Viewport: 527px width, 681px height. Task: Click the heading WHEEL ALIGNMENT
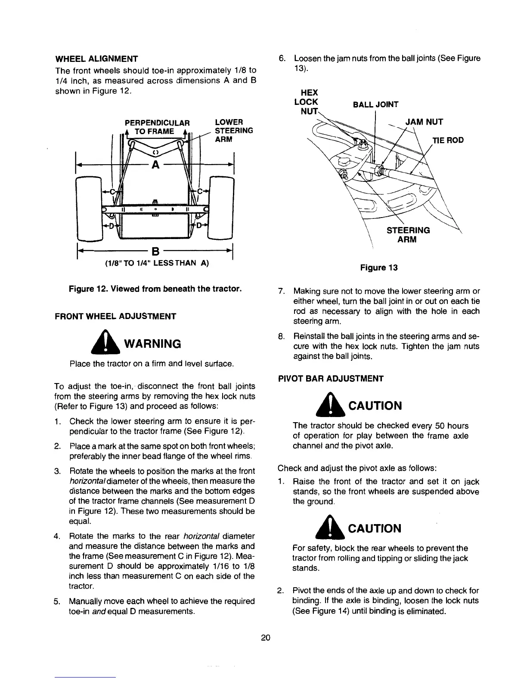pos(96,58)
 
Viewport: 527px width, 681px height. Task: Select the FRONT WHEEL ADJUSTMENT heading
pos(115,316)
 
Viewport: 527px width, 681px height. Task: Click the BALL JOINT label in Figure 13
pos(375,104)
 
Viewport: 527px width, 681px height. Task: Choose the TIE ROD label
pos(448,140)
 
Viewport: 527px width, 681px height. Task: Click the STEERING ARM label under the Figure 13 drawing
pos(408,235)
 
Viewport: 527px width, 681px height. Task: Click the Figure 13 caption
pos(378,268)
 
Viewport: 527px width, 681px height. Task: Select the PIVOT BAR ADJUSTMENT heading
pos(331,379)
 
